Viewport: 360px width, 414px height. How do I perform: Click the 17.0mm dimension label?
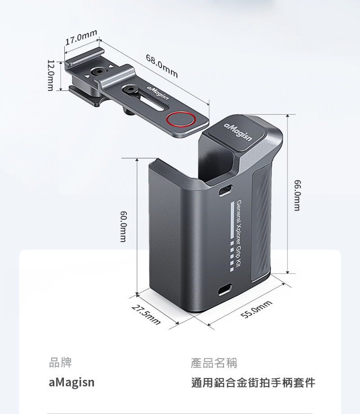pos(81,37)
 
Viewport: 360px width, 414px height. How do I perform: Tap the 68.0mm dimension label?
pos(162,66)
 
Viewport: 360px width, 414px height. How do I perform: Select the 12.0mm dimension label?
pos(50,75)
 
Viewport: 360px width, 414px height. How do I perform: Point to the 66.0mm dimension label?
pos(297,195)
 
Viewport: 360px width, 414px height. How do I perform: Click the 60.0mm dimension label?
pos(123,226)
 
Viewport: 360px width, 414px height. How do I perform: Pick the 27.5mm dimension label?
pos(146,315)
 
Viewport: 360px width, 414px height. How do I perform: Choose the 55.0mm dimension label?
pos(256,309)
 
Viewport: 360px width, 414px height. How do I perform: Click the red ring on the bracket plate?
pos(181,118)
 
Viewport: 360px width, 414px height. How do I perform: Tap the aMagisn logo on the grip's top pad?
pos(238,132)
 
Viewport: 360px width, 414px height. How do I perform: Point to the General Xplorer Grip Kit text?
pos(239,234)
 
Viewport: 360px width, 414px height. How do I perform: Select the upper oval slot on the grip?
pos(225,190)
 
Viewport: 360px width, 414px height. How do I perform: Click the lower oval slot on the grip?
pos(225,290)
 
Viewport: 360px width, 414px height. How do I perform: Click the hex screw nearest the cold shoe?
pos(99,71)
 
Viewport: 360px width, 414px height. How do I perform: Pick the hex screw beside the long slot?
pos(130,89)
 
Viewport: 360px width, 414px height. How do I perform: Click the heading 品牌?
pos(60,362)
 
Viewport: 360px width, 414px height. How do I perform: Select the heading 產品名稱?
pos(214,363)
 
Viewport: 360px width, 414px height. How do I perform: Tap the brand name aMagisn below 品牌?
pos(72,382)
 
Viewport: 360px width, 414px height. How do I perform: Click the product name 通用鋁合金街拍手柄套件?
pos(253,382)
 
